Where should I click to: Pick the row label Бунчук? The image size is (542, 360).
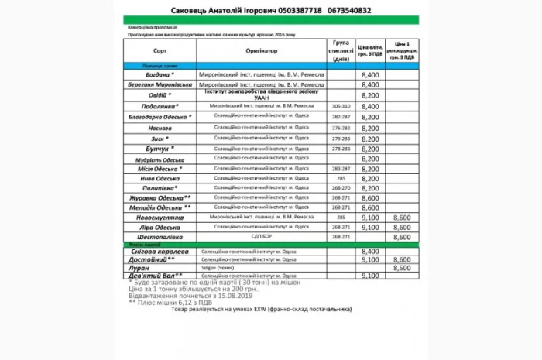point(157,148)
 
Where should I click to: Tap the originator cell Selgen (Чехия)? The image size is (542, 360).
point(219,267)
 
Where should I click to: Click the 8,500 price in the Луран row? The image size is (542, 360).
point(402,267)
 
